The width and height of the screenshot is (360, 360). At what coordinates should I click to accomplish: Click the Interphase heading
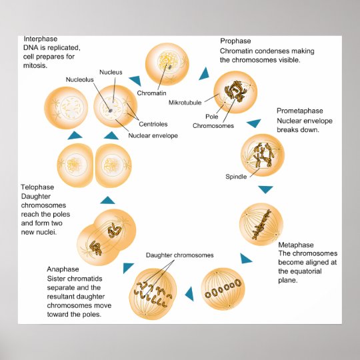[39, 39]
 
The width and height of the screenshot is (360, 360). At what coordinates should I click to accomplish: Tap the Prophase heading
[235, 41]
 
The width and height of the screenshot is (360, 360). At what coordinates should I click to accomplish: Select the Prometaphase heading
[299, 110]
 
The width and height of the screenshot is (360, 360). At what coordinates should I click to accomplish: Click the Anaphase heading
[63, 269]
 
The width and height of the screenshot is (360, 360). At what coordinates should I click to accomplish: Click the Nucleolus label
[79, 79]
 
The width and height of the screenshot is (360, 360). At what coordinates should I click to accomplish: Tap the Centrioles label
[152, 124]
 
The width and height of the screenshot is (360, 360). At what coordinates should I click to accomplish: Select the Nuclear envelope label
[153, 136]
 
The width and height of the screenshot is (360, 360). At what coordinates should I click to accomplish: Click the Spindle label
[236, 177]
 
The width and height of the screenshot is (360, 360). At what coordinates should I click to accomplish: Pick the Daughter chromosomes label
[180, 255]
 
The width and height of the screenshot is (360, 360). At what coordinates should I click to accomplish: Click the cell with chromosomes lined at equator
[261, 224]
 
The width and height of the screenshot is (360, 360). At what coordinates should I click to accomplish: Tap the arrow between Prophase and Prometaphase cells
[253, 123]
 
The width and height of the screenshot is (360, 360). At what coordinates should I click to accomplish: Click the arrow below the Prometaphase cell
[265, 189]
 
